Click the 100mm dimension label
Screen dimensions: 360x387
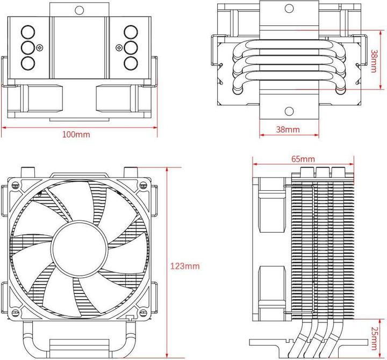pyautogui.click(x=76, y=134)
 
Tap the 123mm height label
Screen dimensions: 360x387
pyautogui.click(x=184, y=265)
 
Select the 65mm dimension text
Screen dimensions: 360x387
pyautogui.click(x=303, y=159)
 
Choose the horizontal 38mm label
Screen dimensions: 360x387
pyautogui.click(x=288, y=129)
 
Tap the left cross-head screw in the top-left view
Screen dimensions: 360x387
pyautogui.click(x=39, y=47)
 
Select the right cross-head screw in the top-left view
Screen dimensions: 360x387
pyautogui.click(x=118, y=47)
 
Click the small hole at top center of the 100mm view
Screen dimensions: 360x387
pyautogui.click(x=79, y=9)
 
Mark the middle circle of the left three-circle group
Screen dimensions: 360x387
pyautogui.click(x=28, y=47)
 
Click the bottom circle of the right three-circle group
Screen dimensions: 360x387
pyautogui.click(x=130, y=63)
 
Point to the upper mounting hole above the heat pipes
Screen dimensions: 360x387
pyautogui.click(x=289, y=9)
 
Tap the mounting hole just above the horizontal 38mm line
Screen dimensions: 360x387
pyautogui.click(x=289, y=112)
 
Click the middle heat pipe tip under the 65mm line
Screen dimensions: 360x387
pyautogui.click(x=321, y=172)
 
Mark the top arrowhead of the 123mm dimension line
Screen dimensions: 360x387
pyautogui.click(x=168, y=168)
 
